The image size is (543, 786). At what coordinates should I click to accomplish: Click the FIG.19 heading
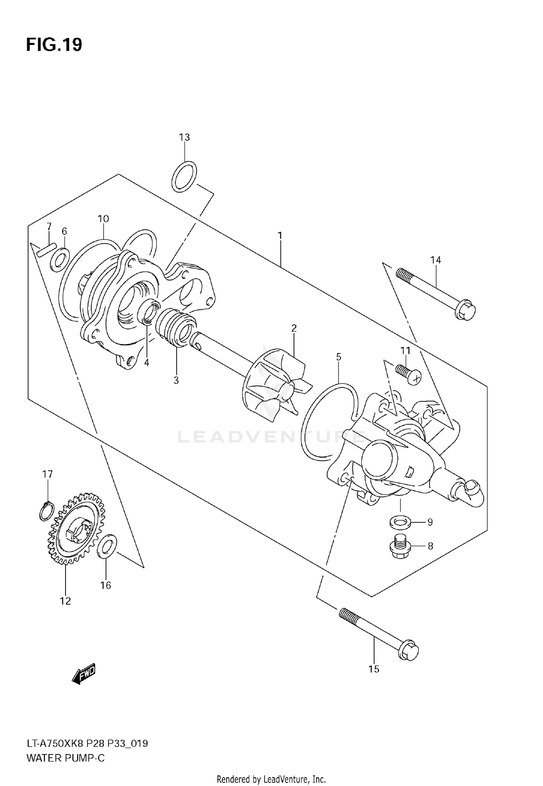click(x=54, y=45)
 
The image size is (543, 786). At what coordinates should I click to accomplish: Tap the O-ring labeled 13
click(x=184, y=177)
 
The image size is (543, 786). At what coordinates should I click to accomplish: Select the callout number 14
click(x=435, y=260)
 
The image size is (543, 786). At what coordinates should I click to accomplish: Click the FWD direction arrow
click(x=84, y=674)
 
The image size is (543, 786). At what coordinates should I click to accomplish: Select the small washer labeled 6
click(x=59, y=259)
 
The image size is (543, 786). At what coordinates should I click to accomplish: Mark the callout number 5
click(x=338, y=357)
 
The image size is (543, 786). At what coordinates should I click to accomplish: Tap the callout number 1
click(x=280, y=236)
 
